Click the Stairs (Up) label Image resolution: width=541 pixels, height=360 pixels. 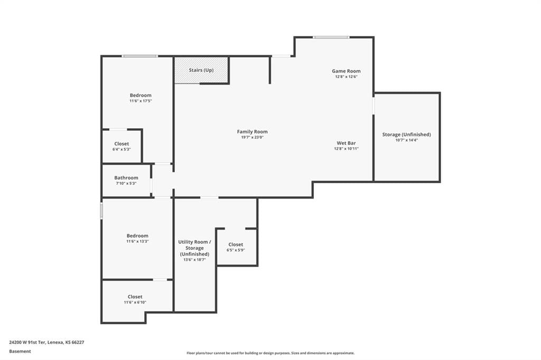coord(201,70)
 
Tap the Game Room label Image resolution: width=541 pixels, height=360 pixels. coord(346,71)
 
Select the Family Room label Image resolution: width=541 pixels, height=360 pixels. coord(252,131)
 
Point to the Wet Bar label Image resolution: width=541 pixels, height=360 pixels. coord(346,143)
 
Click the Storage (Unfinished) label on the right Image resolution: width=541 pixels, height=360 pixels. coord(406,135)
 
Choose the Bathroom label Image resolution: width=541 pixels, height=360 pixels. coord(126,178)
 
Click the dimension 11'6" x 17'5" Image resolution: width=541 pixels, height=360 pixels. coord(141,101)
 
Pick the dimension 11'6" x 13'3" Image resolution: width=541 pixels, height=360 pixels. coord(137,241)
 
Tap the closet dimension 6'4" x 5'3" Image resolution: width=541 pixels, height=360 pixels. coord(122,149)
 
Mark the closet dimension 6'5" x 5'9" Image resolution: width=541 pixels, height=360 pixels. coord(236,250)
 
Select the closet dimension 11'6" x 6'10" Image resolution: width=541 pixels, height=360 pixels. coord(135,302)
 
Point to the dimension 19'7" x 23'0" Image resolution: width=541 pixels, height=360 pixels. coord(252,137)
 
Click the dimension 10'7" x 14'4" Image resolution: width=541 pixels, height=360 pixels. coord(406,140)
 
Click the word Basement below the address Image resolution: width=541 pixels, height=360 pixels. coord(20,352)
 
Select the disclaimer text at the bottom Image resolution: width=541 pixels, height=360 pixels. coord(270,353)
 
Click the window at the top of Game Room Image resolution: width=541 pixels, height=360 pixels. coord(331,37)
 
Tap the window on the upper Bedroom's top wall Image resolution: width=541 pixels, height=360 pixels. coord(139,56)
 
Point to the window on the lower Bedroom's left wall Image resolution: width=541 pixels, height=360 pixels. coord(101,210)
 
